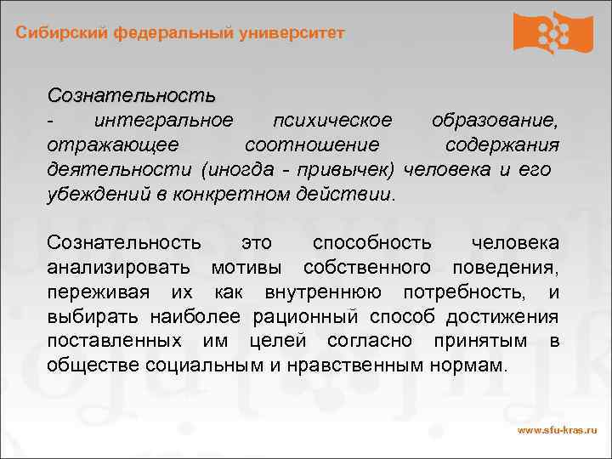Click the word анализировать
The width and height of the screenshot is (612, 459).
122,269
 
